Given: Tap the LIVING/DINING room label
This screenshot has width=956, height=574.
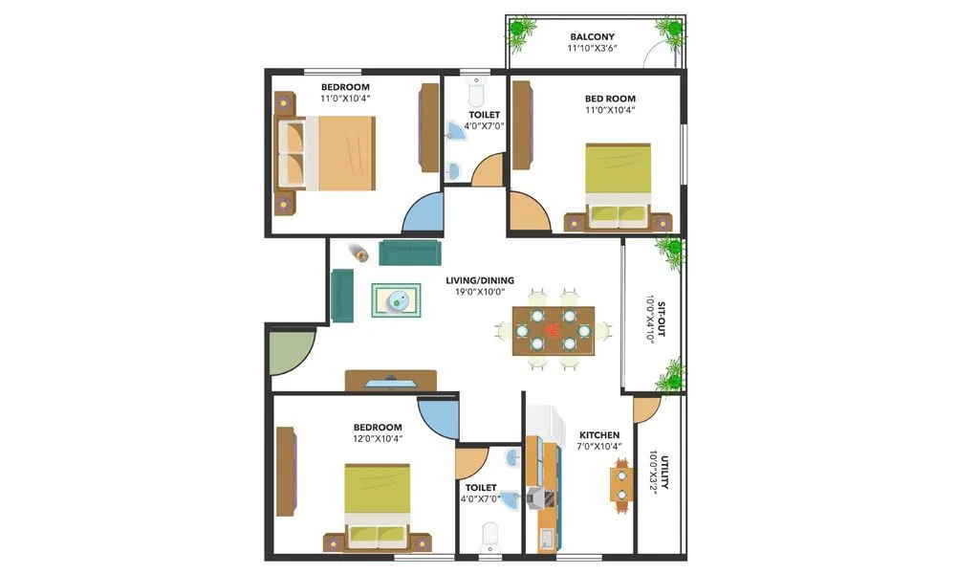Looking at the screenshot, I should pyautogui.click(x=480, y=281).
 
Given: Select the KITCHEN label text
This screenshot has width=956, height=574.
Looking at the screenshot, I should pyautogui.click(x=598, y=435).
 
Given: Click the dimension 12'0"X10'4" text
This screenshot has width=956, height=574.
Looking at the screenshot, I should pyautogui.click(x=377, y=439).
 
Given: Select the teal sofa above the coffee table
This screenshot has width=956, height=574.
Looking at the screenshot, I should pyautogui.click(x=410, y=253).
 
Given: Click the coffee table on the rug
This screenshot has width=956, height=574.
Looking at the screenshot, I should pyautogui.click(x=396, y=301).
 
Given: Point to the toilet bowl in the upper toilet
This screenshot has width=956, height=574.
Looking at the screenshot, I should pyautogui.click(x=475, y=94).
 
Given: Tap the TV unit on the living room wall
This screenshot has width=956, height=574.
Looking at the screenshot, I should pyautogui.click(x=391, y=381).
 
